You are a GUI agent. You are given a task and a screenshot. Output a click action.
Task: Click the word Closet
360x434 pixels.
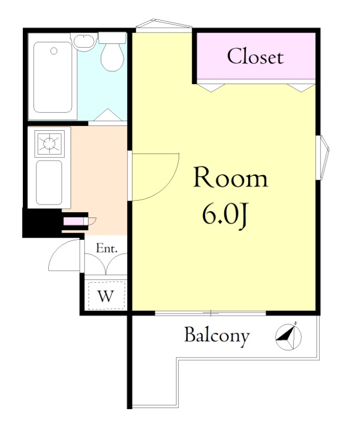(255, 56)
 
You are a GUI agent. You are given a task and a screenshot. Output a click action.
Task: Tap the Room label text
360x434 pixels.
(231, 177)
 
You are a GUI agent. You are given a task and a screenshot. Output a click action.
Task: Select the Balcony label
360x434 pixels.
(217, 336)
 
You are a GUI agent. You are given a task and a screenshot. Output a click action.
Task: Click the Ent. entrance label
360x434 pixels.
(107, 248)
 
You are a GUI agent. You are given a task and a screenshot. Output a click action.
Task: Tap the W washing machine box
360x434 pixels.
(106, 295)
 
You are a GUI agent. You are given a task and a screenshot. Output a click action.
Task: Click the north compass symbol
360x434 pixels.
(288, 336)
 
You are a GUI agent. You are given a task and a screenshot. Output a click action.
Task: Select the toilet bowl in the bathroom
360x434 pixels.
(112, 57)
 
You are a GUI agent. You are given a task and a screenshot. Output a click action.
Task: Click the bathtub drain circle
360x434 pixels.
(54, 50)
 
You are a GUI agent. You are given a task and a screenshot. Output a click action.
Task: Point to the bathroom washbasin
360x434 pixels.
(84, 42)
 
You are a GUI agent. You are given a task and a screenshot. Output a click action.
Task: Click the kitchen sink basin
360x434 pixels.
(49, 182)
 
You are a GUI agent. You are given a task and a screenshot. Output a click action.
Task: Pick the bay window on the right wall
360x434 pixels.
(323, 157)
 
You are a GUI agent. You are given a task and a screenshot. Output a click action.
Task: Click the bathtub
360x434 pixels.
(52, 77)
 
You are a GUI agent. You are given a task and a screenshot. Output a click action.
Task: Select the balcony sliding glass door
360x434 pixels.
(210, 314)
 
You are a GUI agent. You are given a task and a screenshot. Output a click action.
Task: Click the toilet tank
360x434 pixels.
(112, 38)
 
